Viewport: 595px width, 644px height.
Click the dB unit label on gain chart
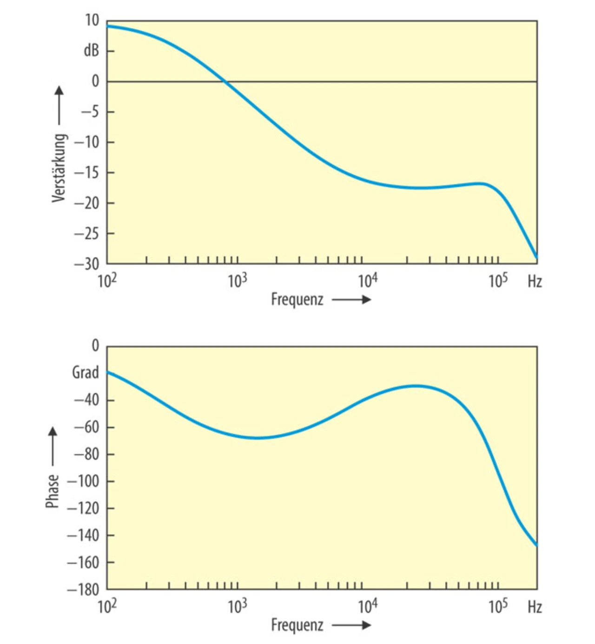(x=92, y=50)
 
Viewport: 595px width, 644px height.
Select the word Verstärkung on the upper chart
(x=59, y=168)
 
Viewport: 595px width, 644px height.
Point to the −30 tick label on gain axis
(x=87, y=264)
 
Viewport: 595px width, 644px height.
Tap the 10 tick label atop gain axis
(x=92, y=20)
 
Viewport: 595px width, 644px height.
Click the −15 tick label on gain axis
(x=87, y=173)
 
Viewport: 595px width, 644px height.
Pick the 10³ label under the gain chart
(x=238, y=281)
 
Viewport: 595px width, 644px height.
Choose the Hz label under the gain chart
(x=535, y=282)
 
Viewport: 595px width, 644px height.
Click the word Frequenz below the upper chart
(x=297, y=299)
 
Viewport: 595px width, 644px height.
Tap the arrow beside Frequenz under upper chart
(x=351, y=300)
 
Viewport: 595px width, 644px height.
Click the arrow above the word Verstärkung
(x=59, y=105)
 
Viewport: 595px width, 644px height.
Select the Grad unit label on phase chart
(x=86, y=372)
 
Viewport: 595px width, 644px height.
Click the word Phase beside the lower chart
(x=53, y=491)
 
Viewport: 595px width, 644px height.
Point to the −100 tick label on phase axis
(x=84, y=481)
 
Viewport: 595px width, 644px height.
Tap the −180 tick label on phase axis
(x=84, y=590)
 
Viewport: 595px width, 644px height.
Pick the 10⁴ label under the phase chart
(x=368, y=606)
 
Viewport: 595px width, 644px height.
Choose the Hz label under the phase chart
(x=535, y=607)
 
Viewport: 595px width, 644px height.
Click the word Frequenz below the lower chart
(x=297, y=625)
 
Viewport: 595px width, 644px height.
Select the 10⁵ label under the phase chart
(x=498, y=606)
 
